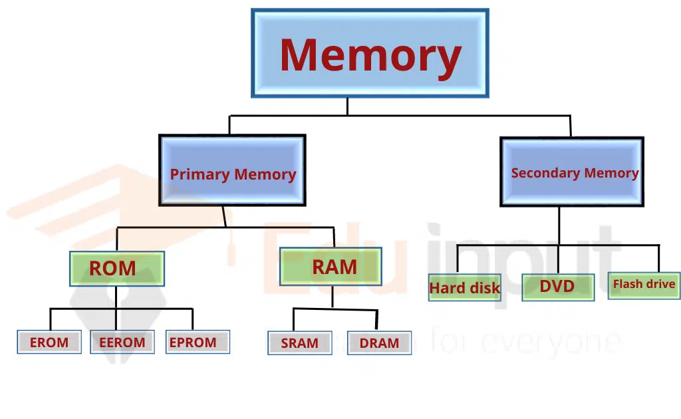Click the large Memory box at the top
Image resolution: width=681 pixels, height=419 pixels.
(370, 53)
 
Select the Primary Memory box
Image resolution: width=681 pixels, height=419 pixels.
(232, 170)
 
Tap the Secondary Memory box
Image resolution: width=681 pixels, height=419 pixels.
(572, 172)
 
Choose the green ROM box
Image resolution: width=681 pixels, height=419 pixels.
(116, 268)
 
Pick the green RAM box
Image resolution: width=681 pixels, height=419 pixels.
(331, 266)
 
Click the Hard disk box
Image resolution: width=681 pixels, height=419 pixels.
(464, 287)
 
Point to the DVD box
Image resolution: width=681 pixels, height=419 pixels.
(557, 287)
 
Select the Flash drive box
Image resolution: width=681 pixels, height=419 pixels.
(644, 285)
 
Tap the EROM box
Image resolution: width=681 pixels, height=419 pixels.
(49, 342)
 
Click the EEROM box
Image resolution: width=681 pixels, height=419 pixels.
(122, 342)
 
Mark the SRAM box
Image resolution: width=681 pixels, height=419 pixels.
(299, 343)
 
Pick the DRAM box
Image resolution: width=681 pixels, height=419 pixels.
(380, 343)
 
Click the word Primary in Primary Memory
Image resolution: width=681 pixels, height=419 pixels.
(200, 174)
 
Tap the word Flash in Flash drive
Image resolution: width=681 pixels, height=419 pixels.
(627, 285)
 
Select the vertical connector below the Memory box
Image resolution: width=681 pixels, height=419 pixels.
(347, 106)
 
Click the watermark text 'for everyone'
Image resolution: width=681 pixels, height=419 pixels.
(525, 342)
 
